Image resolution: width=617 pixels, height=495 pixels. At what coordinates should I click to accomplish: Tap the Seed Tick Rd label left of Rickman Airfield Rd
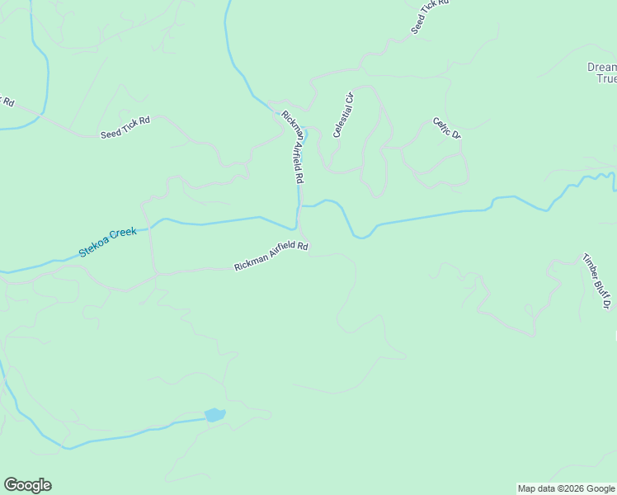click(x=125, y=127)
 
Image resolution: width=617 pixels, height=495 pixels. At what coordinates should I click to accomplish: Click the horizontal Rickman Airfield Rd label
click(x=271, y=256)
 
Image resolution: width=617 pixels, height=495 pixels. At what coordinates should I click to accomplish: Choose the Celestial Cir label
click(x=343, y=115)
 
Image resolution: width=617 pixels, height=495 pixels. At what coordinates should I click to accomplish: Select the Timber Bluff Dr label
click(x=596, y=280)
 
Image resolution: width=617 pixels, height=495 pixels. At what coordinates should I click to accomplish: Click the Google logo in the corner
click(x=27, y=485)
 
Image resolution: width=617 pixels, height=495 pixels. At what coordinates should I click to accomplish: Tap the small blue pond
click(x=214, y=415)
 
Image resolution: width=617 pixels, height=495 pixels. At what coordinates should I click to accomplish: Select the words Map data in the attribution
click(x=535, y=488)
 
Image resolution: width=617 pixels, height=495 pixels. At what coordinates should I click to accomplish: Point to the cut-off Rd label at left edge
click(x=7, y=102)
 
